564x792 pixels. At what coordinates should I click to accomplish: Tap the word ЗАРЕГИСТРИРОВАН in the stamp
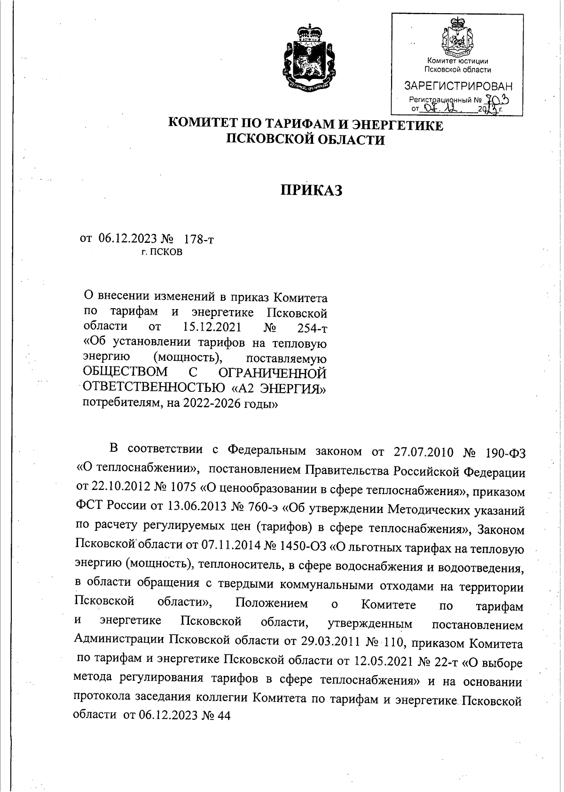(458, 86)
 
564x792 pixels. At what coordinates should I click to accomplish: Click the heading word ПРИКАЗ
(311, 190)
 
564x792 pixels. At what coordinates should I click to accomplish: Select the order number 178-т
(199, 239)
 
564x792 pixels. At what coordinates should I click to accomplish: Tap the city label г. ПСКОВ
(162, 252)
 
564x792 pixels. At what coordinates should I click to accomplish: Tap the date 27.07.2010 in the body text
(422, 452)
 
